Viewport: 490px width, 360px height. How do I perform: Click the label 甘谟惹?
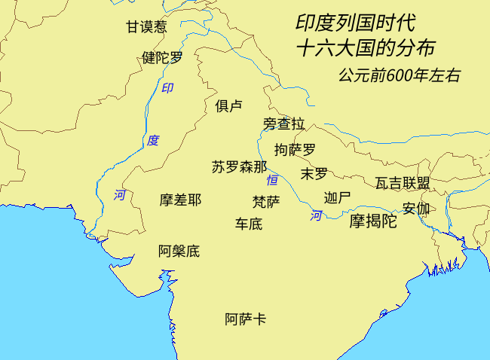145,27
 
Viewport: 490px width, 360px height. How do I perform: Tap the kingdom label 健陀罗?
162,57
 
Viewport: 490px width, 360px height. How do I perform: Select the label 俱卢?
228,105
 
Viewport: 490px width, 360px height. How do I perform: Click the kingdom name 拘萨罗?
295,149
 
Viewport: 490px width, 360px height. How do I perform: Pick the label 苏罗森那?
239,167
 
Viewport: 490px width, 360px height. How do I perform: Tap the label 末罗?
314,174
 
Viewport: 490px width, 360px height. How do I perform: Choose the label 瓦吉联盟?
403,183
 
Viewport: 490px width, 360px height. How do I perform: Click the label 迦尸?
337,198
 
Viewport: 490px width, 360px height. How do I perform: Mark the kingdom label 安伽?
416,209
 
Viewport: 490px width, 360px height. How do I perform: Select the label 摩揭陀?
372,221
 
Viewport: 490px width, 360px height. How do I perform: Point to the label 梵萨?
266,202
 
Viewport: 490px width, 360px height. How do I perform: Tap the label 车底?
249,224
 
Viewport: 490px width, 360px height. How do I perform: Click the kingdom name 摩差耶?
180,200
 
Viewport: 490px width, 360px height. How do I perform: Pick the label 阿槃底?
179,251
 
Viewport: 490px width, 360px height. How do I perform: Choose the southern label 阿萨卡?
246,319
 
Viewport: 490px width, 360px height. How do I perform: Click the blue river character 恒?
272,181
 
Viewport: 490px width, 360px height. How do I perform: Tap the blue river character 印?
167,88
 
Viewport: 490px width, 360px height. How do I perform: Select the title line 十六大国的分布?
366,48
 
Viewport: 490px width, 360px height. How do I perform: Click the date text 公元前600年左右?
400,76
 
